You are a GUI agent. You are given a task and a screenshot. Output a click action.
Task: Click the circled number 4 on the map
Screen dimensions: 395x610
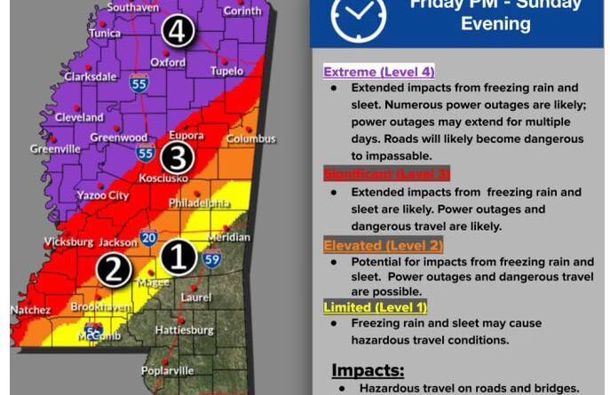178,32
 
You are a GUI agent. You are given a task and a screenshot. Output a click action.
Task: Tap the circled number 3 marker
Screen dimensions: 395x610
177,157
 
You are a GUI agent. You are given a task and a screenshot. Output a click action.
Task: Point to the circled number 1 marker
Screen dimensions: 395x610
178,257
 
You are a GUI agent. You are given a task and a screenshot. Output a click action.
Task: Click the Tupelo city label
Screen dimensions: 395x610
226,71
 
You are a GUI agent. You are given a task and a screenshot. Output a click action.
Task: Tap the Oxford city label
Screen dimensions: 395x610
168,63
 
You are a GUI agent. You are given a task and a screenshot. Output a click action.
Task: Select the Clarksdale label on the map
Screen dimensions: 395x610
91,77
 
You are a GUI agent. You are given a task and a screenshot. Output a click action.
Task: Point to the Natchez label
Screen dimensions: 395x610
30,311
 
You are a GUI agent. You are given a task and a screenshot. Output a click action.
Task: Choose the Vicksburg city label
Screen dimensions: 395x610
68,242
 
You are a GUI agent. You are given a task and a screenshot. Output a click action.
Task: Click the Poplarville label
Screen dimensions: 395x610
167,371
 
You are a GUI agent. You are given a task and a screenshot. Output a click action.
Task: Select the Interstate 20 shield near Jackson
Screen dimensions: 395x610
147,238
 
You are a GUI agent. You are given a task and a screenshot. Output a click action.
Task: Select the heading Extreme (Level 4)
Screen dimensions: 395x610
378,72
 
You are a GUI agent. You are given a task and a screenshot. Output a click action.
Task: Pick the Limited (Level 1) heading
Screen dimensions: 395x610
375,307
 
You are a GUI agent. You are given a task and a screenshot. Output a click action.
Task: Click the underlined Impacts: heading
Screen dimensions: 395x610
368,369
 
